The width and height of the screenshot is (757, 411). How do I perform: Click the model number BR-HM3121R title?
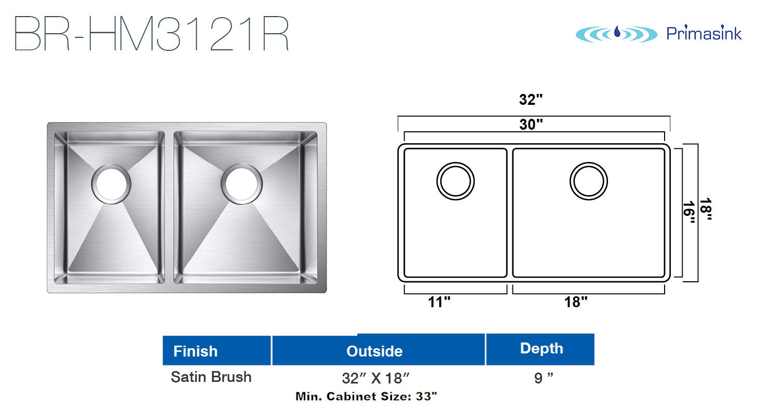[x=152, y=33]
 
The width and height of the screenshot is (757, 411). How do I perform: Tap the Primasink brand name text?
[x=704, y=33]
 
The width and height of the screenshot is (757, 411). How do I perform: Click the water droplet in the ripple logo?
[x=617, y=32]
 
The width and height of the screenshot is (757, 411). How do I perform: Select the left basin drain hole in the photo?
[x=111, y=184]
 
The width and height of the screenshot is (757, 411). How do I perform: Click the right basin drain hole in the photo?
[x=241, y=184]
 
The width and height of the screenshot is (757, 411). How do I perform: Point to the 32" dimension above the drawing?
[x=531, y=100]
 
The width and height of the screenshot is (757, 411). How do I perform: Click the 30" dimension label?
[x=531, y=124]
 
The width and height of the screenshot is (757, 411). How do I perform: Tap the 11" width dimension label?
[x=439, y=302]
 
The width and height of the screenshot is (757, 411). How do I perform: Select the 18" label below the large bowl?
[x=576, y=302]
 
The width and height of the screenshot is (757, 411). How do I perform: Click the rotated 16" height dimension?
[x=689, y=213]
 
